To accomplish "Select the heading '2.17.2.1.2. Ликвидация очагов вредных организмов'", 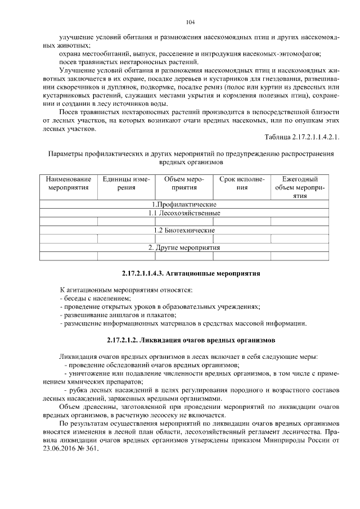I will (x=190, y=340).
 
